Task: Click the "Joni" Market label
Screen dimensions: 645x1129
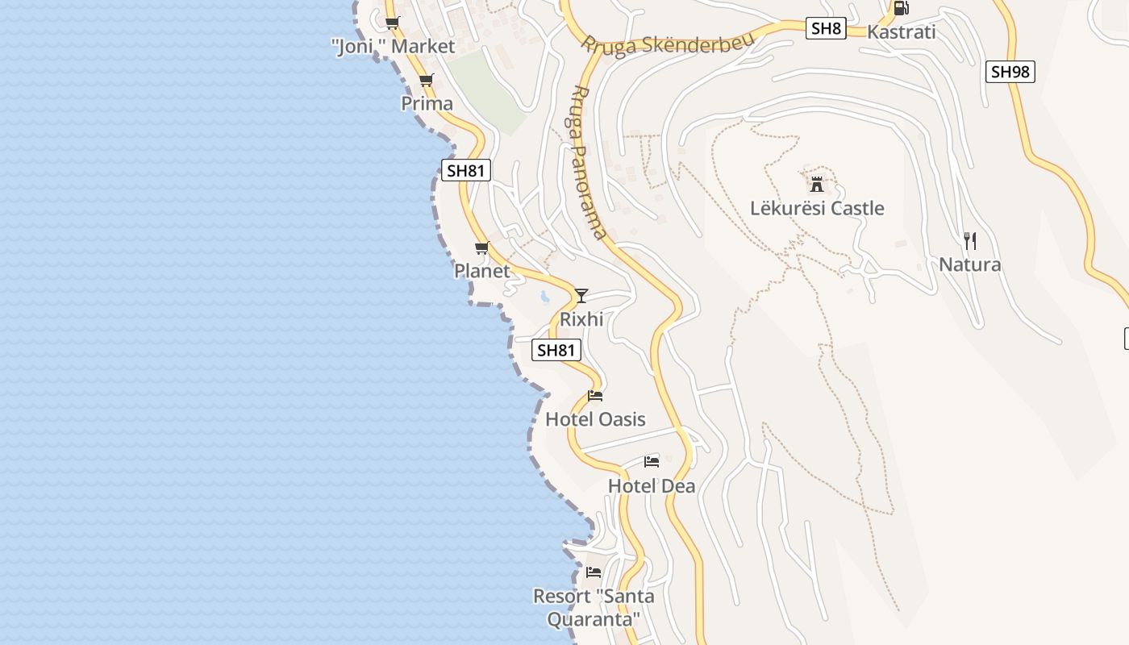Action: click(394, 47)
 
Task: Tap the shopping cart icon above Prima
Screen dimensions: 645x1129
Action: click(426, 80)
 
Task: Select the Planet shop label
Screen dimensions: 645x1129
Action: click(482, 271)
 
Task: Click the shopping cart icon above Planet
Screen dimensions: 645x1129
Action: click(482, 248)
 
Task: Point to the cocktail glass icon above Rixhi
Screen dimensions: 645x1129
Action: click(581, 295)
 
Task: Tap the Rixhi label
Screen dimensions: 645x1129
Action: click(581, 319)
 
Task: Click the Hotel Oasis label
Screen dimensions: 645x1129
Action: click(595, 419)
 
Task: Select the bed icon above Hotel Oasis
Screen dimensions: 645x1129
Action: click(595, 396)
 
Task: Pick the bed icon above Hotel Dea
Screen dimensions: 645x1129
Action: click(652, 462)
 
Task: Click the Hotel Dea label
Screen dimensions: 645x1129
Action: click(652, 486)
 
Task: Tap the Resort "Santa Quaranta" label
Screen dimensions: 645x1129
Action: click(594, 608)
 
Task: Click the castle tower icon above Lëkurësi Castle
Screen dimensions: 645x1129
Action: click(817, 184)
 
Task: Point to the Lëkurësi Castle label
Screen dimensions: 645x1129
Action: click(817, 208)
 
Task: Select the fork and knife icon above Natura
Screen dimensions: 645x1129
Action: click(970, 240)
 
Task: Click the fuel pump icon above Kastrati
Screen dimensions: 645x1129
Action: click(901, 8)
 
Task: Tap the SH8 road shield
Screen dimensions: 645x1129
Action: click(826, 29)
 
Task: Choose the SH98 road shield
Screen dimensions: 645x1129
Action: click(1010, 72)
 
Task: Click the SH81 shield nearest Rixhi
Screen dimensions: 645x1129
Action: click(556, 350)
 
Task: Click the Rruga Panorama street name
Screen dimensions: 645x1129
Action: click(588, 162)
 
